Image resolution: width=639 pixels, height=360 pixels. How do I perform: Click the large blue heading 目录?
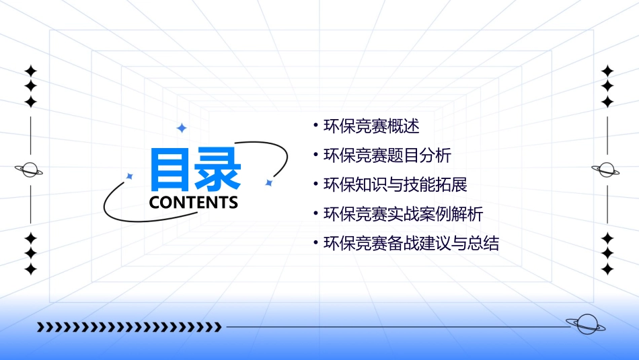[x=194, y=170]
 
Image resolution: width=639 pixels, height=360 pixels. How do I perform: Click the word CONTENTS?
[x=194, y=202]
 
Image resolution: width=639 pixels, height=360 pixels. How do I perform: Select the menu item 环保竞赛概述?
[x=371, y=126]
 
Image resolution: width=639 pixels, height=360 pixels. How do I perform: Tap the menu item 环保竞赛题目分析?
[x=387, y=155]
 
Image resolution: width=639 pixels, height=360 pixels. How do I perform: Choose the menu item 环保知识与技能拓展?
[x=395, y=185]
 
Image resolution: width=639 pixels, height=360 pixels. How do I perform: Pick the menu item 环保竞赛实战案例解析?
[x=403, y=215]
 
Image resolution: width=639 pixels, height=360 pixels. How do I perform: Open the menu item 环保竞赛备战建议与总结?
[x=411, y=244]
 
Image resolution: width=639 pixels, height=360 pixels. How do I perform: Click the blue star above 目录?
[x=181, y=128]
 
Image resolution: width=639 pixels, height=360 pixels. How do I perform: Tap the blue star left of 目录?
[x=130, y=176]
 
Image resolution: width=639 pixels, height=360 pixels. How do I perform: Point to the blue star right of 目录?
[x=268, y=182]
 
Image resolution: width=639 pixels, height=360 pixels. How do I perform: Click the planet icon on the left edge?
[x=30, y=170]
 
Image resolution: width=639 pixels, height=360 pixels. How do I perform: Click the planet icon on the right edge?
[x=606, y=170]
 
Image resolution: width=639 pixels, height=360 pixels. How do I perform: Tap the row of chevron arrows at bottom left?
[x=129, y=327]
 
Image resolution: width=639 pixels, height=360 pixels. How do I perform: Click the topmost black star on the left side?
[x=30, y=71]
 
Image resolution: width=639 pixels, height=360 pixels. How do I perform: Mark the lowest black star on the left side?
[x=30, y=269]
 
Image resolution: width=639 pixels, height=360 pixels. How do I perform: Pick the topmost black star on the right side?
[x=607, y=71]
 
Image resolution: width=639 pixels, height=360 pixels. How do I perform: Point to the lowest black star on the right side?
[x=607, y=269]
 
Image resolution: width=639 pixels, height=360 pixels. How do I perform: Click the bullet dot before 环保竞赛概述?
[x=315, y=125]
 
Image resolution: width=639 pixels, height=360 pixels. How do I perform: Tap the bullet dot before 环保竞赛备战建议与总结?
[x=315, y=243]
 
